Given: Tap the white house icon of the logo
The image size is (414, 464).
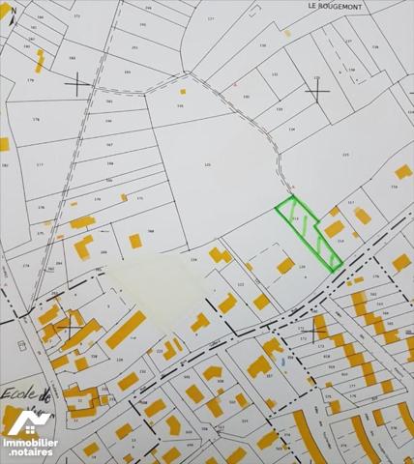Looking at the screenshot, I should [29, 420].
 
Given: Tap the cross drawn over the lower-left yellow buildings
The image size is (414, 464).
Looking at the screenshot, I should [69, 329].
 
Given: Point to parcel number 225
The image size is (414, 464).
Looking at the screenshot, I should [344, 155].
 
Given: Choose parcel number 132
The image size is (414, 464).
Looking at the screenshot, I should [275, 73].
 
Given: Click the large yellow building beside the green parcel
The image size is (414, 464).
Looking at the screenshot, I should [335, 229].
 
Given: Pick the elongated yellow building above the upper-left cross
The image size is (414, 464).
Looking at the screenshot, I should [40, 60].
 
